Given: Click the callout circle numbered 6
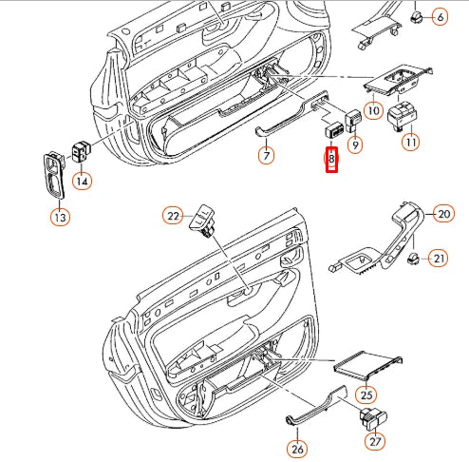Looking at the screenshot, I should click(441, 17).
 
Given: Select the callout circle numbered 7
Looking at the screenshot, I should click(267, 155).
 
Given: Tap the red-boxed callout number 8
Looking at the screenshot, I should click(332, 161).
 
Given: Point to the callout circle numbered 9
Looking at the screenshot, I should click(356, 145).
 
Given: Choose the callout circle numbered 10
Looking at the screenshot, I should click(372, 111).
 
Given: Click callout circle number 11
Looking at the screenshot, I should click(411, 143).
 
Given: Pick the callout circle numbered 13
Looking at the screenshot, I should click(60, 219).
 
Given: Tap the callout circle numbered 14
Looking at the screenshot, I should click(84, 181).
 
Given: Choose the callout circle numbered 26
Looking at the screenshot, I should click(296, 450).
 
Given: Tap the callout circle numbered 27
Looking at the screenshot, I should click(376, 441).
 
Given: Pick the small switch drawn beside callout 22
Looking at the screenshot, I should click(204, 222).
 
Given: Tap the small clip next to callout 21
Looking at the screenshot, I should click(413, 259).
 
